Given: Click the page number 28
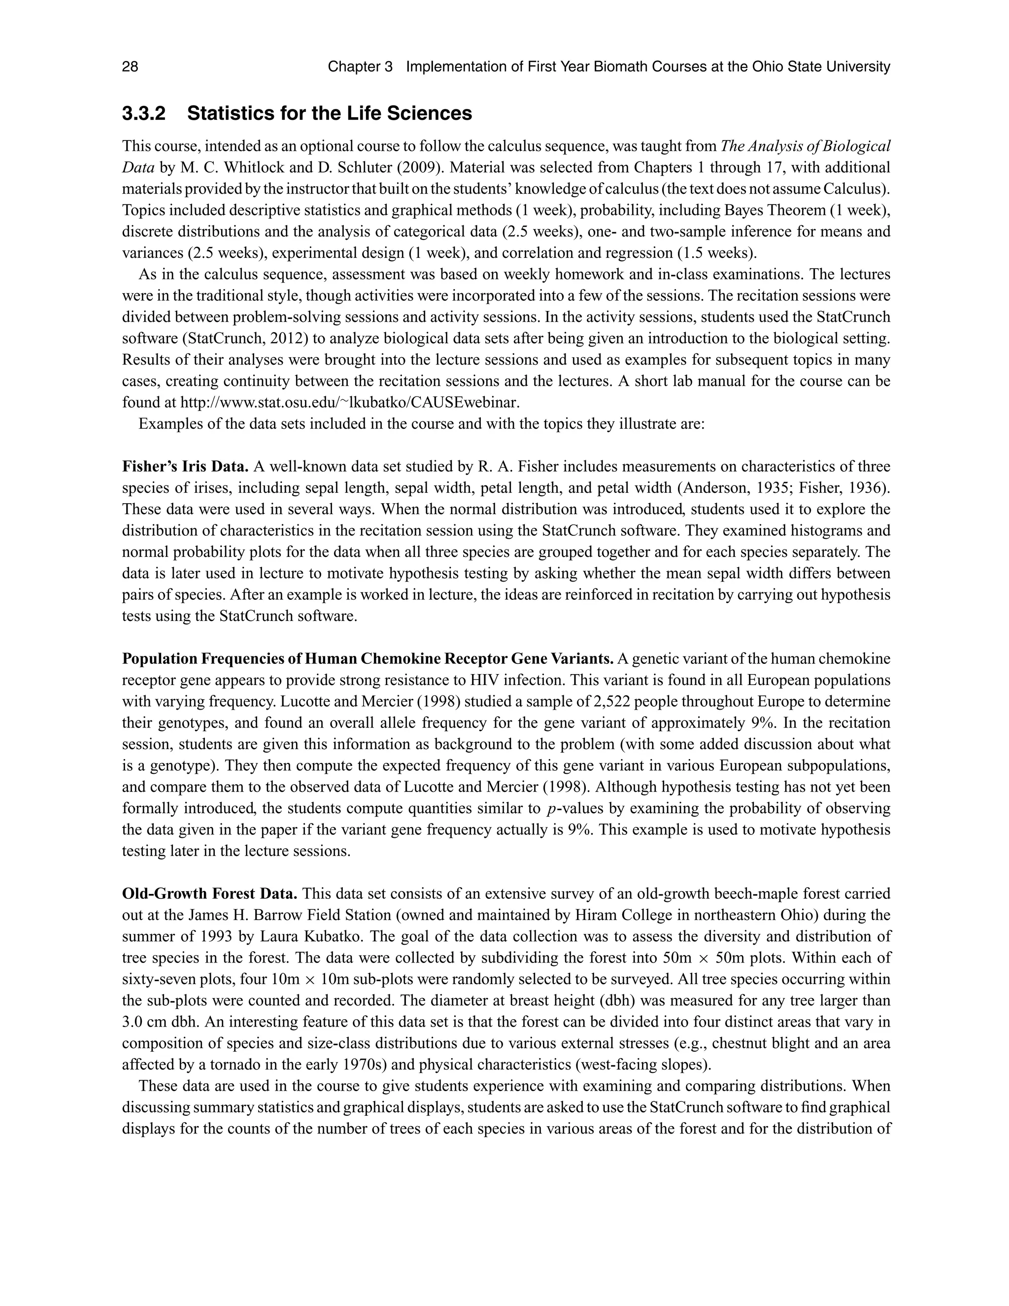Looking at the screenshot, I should pyautogui.click(x=130, y=67).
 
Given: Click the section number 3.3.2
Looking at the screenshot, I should pyautogui.click(x=143, y=114).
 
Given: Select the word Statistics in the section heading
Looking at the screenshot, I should pyautogui.click(x=232, y=114).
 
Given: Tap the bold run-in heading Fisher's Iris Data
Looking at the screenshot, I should pyautogui.click(x=185, y=466).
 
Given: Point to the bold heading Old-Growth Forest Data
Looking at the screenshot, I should pyautogui.click(x=210, y=894).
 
